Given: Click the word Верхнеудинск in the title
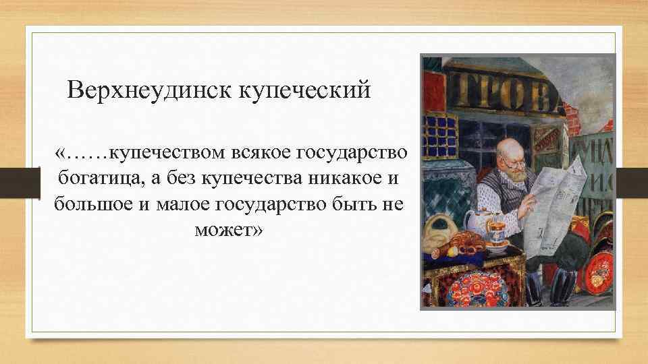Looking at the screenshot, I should pyautogui.click(x=151, y=90).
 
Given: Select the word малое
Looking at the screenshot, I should pyautogui.click(x=185, y=204).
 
